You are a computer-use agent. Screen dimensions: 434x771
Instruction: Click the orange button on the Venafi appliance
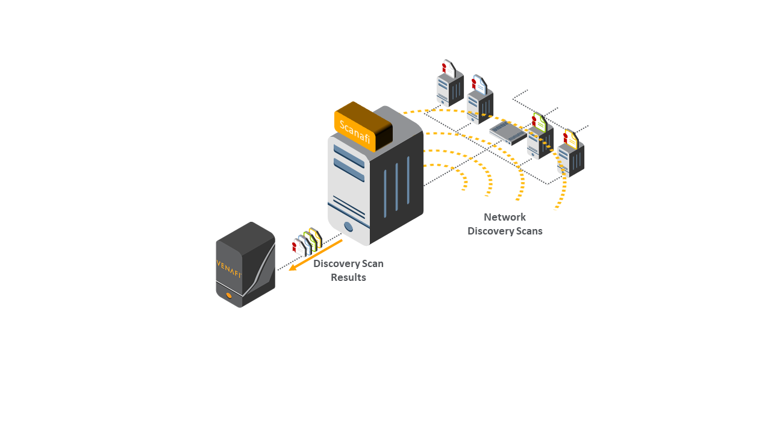tap(229, 295)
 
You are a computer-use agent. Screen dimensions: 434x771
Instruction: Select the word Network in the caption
tap(505, 217)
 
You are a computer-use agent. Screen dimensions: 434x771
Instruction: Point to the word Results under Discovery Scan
tap(348, 277)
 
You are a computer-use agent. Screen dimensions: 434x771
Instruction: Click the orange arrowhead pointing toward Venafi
tap(293, 267)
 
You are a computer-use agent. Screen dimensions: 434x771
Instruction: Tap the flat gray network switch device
tap(508, 133)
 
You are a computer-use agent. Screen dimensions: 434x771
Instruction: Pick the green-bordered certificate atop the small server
tap(539, 122)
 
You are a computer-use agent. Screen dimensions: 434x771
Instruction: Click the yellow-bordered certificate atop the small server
tap(570, 139)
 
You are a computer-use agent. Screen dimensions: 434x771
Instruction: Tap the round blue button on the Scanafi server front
tap(348, 227)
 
